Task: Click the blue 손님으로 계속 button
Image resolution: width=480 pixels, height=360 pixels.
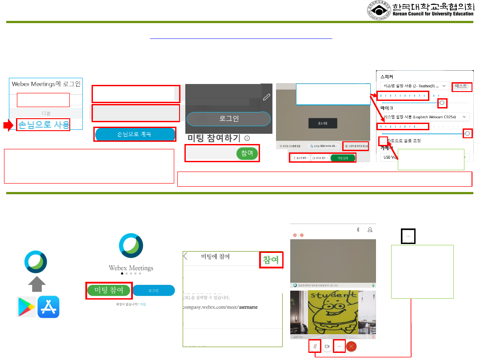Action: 135,134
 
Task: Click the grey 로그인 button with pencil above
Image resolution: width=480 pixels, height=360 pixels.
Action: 228,119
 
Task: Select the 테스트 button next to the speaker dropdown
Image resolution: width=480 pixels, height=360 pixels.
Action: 462,87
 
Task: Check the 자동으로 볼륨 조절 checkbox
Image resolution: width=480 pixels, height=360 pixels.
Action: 383,140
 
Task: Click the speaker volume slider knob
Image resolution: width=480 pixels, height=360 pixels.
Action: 442,103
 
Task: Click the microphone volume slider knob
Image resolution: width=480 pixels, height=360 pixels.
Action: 467,133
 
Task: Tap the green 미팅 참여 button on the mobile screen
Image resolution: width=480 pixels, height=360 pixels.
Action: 109,290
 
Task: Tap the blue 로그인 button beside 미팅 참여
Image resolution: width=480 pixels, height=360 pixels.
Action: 154,290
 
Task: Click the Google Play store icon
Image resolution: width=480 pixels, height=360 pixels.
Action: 26,307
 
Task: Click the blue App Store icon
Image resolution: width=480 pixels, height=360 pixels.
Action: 48,307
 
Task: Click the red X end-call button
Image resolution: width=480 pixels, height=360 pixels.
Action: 352,346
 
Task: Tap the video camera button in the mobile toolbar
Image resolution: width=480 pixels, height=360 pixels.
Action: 327,346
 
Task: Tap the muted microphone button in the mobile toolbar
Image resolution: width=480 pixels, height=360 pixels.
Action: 315,346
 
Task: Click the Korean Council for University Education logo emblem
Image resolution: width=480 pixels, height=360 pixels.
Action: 378,11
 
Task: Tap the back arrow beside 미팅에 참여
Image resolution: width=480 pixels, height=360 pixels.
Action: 186,256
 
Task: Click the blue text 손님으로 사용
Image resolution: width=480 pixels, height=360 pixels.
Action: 43,125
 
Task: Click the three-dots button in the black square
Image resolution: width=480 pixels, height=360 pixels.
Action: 408,237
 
